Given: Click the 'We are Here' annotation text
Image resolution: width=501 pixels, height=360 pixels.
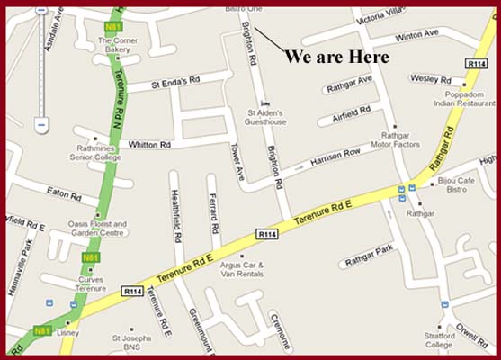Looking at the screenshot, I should (x=336, y=57).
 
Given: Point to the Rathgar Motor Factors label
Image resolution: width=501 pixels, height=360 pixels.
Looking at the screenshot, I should (x=396, y=138).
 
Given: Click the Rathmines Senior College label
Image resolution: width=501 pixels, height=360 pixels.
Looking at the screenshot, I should (x=94, y=153).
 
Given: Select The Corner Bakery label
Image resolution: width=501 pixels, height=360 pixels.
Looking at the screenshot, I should (x=118, y=46).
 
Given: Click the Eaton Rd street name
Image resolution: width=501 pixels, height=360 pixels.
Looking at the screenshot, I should (x=64, y=193).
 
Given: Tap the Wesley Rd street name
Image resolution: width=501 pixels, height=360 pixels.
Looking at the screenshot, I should (x=430, y=79).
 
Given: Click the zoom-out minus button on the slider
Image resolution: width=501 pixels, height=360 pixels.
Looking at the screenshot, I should (x=41, y=123).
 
